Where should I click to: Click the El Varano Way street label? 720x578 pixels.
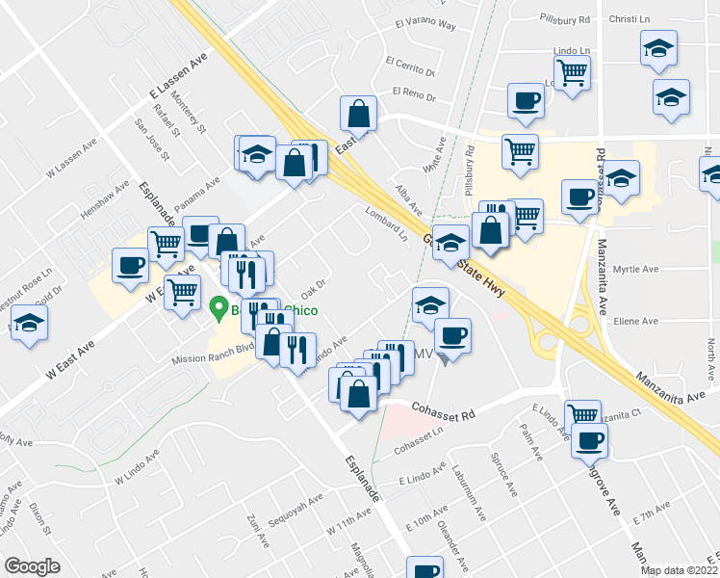[x=425, y=25]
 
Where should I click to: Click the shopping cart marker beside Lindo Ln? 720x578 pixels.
[x=572, y=71]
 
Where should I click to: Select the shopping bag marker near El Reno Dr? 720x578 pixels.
[x=359, y=114]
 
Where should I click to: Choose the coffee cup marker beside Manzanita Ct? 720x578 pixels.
[x=589, y=440]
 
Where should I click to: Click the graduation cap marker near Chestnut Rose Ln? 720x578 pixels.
[x=30, y=325]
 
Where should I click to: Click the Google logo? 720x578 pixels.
[x=33, y=565]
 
